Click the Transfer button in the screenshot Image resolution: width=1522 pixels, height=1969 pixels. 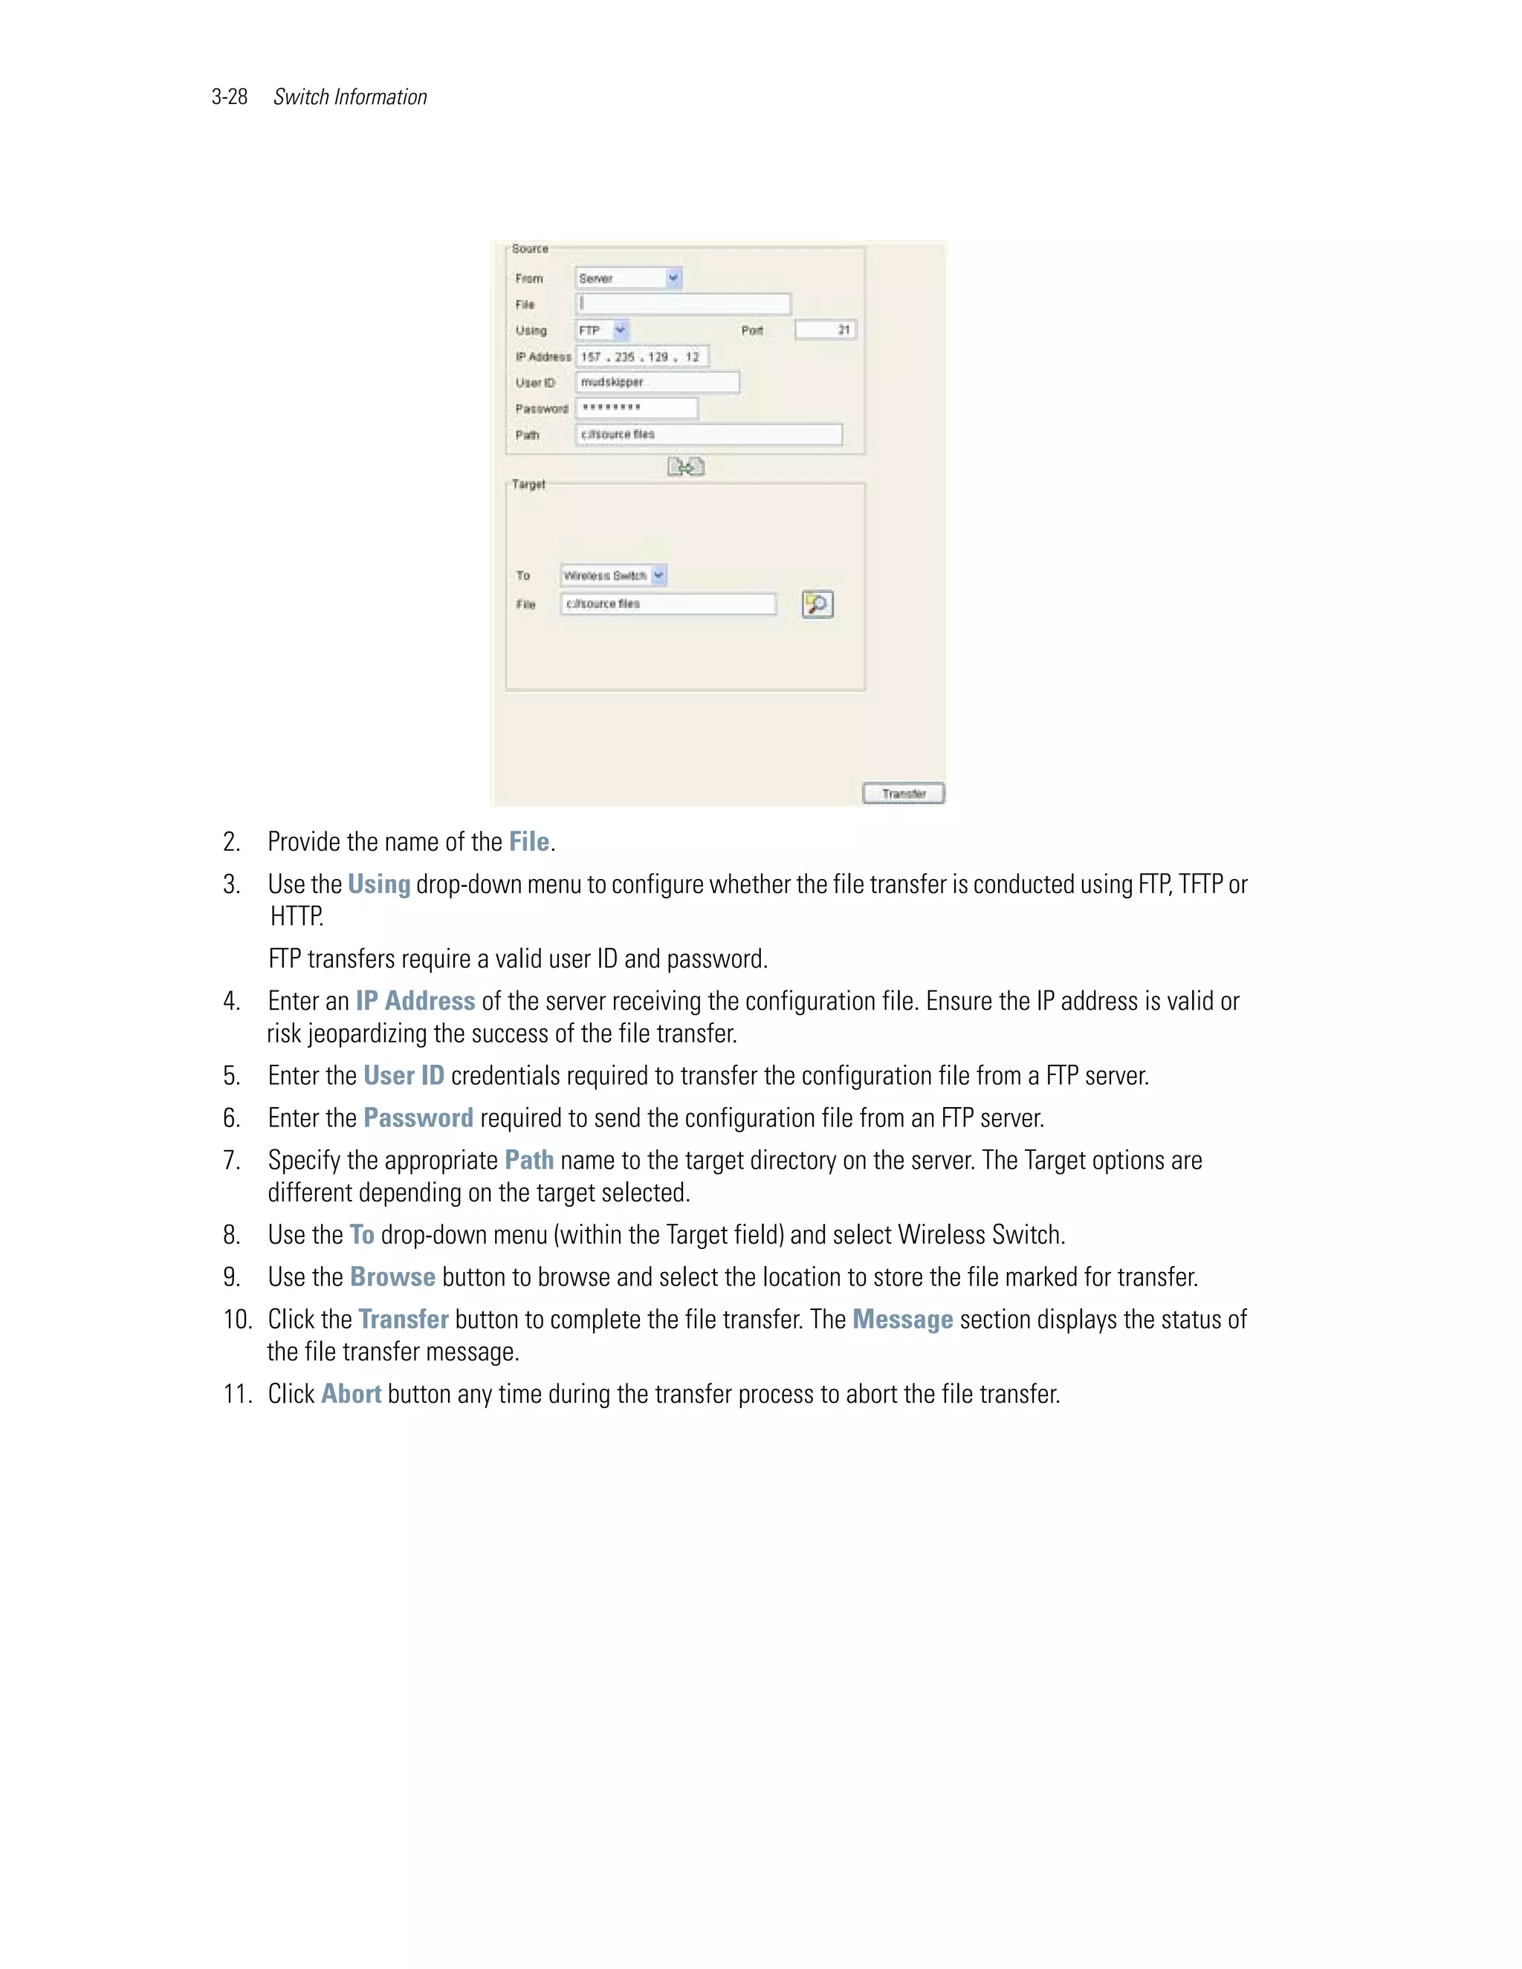click(x=904, y=794)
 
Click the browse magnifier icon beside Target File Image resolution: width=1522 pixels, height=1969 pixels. click(x=817, y=603)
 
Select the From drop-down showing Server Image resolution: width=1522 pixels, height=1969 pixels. click(x=629, y=279)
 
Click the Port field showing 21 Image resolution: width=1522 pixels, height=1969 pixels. click(x=825, y=330)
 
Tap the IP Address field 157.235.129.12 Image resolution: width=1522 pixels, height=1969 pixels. click(x=642, y=357)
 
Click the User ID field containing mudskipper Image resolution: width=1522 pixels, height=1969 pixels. click(x=657, y=382)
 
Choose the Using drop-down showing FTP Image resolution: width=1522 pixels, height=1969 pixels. click(x=602, y=331)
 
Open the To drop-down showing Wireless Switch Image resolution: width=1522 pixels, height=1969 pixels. click(x=613, y=575)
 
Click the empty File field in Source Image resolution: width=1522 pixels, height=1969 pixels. click(x=682, y=304)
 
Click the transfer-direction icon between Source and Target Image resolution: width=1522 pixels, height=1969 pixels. click(x=685, y=466)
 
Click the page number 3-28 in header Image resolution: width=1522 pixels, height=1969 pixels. click(x=229, y=97)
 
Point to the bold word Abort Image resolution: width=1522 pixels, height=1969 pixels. click(x=351, y=1394)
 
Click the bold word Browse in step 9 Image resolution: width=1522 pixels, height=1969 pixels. click(x=392, y=1277)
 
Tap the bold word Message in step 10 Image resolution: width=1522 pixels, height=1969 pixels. click(x=901, y=1320)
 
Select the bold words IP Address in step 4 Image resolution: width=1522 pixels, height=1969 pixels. click(x=415, y=1002)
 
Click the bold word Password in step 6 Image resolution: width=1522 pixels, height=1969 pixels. click(x=418, y=1119)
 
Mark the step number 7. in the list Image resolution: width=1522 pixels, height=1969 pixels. click(x=232, y=1161)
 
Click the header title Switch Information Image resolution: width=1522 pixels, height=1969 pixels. click(x=350, y=97)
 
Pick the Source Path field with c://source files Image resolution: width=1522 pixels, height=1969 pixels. click(x=709, y=435)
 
